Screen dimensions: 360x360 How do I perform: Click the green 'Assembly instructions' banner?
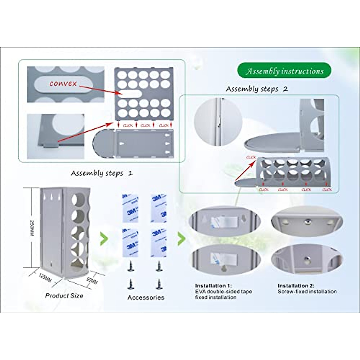pos(284,71)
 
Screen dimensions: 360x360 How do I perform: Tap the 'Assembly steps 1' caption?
pos(102,173)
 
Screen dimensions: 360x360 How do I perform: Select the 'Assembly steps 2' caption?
pos(256,89)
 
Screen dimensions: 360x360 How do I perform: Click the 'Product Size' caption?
pos(64,295)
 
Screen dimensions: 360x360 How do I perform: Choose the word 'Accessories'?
pos(146,297)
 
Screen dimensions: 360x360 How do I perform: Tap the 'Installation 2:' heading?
pos(296,286)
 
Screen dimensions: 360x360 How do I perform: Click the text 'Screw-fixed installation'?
pos(307,291)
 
